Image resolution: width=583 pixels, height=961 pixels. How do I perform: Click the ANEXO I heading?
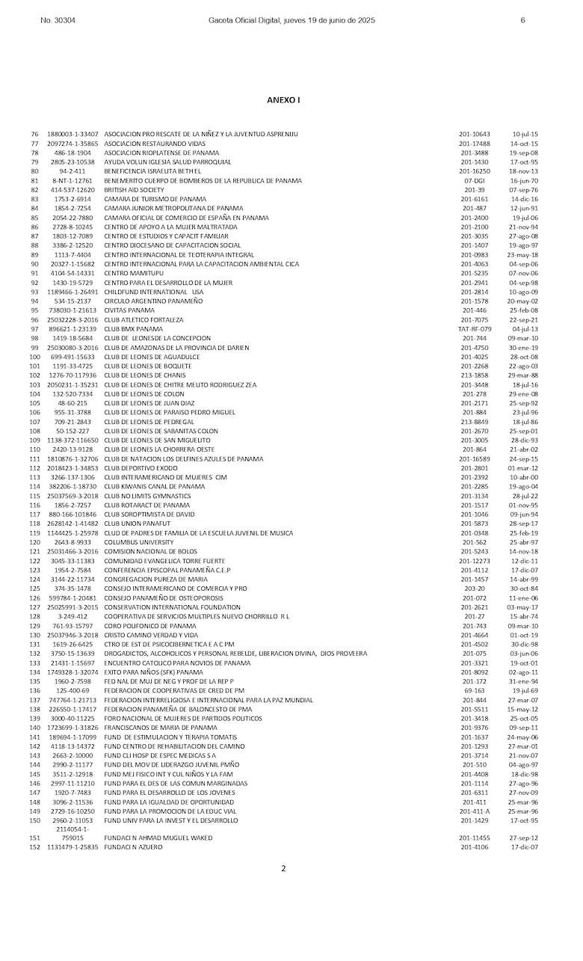tap(283, 99)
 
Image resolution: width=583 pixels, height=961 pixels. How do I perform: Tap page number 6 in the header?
tap(522, 20)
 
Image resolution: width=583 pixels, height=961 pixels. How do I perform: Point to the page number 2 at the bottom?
tap(283, 868)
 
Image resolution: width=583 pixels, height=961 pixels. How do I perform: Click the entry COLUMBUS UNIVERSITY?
tap(137, 541)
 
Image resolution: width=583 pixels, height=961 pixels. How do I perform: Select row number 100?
tap(34, 357)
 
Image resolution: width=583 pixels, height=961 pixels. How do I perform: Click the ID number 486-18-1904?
tap(73, 153)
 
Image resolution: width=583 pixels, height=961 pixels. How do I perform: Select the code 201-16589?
tap(475, 458)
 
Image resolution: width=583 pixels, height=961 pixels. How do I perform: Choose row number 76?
tap(34, 134)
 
